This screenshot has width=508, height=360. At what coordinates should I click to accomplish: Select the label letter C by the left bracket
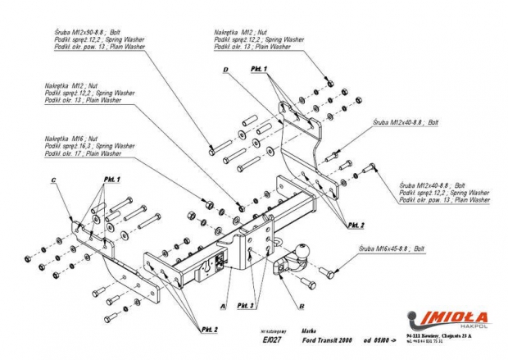[x=52, y=180]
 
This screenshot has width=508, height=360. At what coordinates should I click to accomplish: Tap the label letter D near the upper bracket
[x=224, y=71]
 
